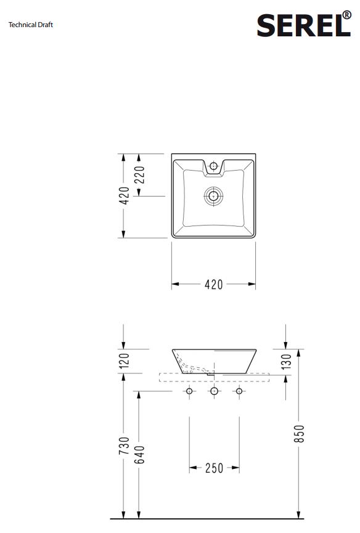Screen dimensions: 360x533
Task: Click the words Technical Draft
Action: (x=31, y=25)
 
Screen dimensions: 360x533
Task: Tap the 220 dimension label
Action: (x=140, y=175)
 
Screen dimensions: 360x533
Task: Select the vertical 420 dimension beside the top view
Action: (x=125, y=196)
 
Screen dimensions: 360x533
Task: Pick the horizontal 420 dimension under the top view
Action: (x=214, y=285)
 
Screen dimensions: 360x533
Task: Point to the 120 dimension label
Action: (x=125, y=360)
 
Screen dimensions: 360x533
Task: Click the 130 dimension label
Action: (x=287, y=361)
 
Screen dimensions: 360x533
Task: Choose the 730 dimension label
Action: (x=125, y=446)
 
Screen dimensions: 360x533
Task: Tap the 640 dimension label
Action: (x=139, y=455)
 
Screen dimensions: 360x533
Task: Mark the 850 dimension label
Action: (x=299, y=434)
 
